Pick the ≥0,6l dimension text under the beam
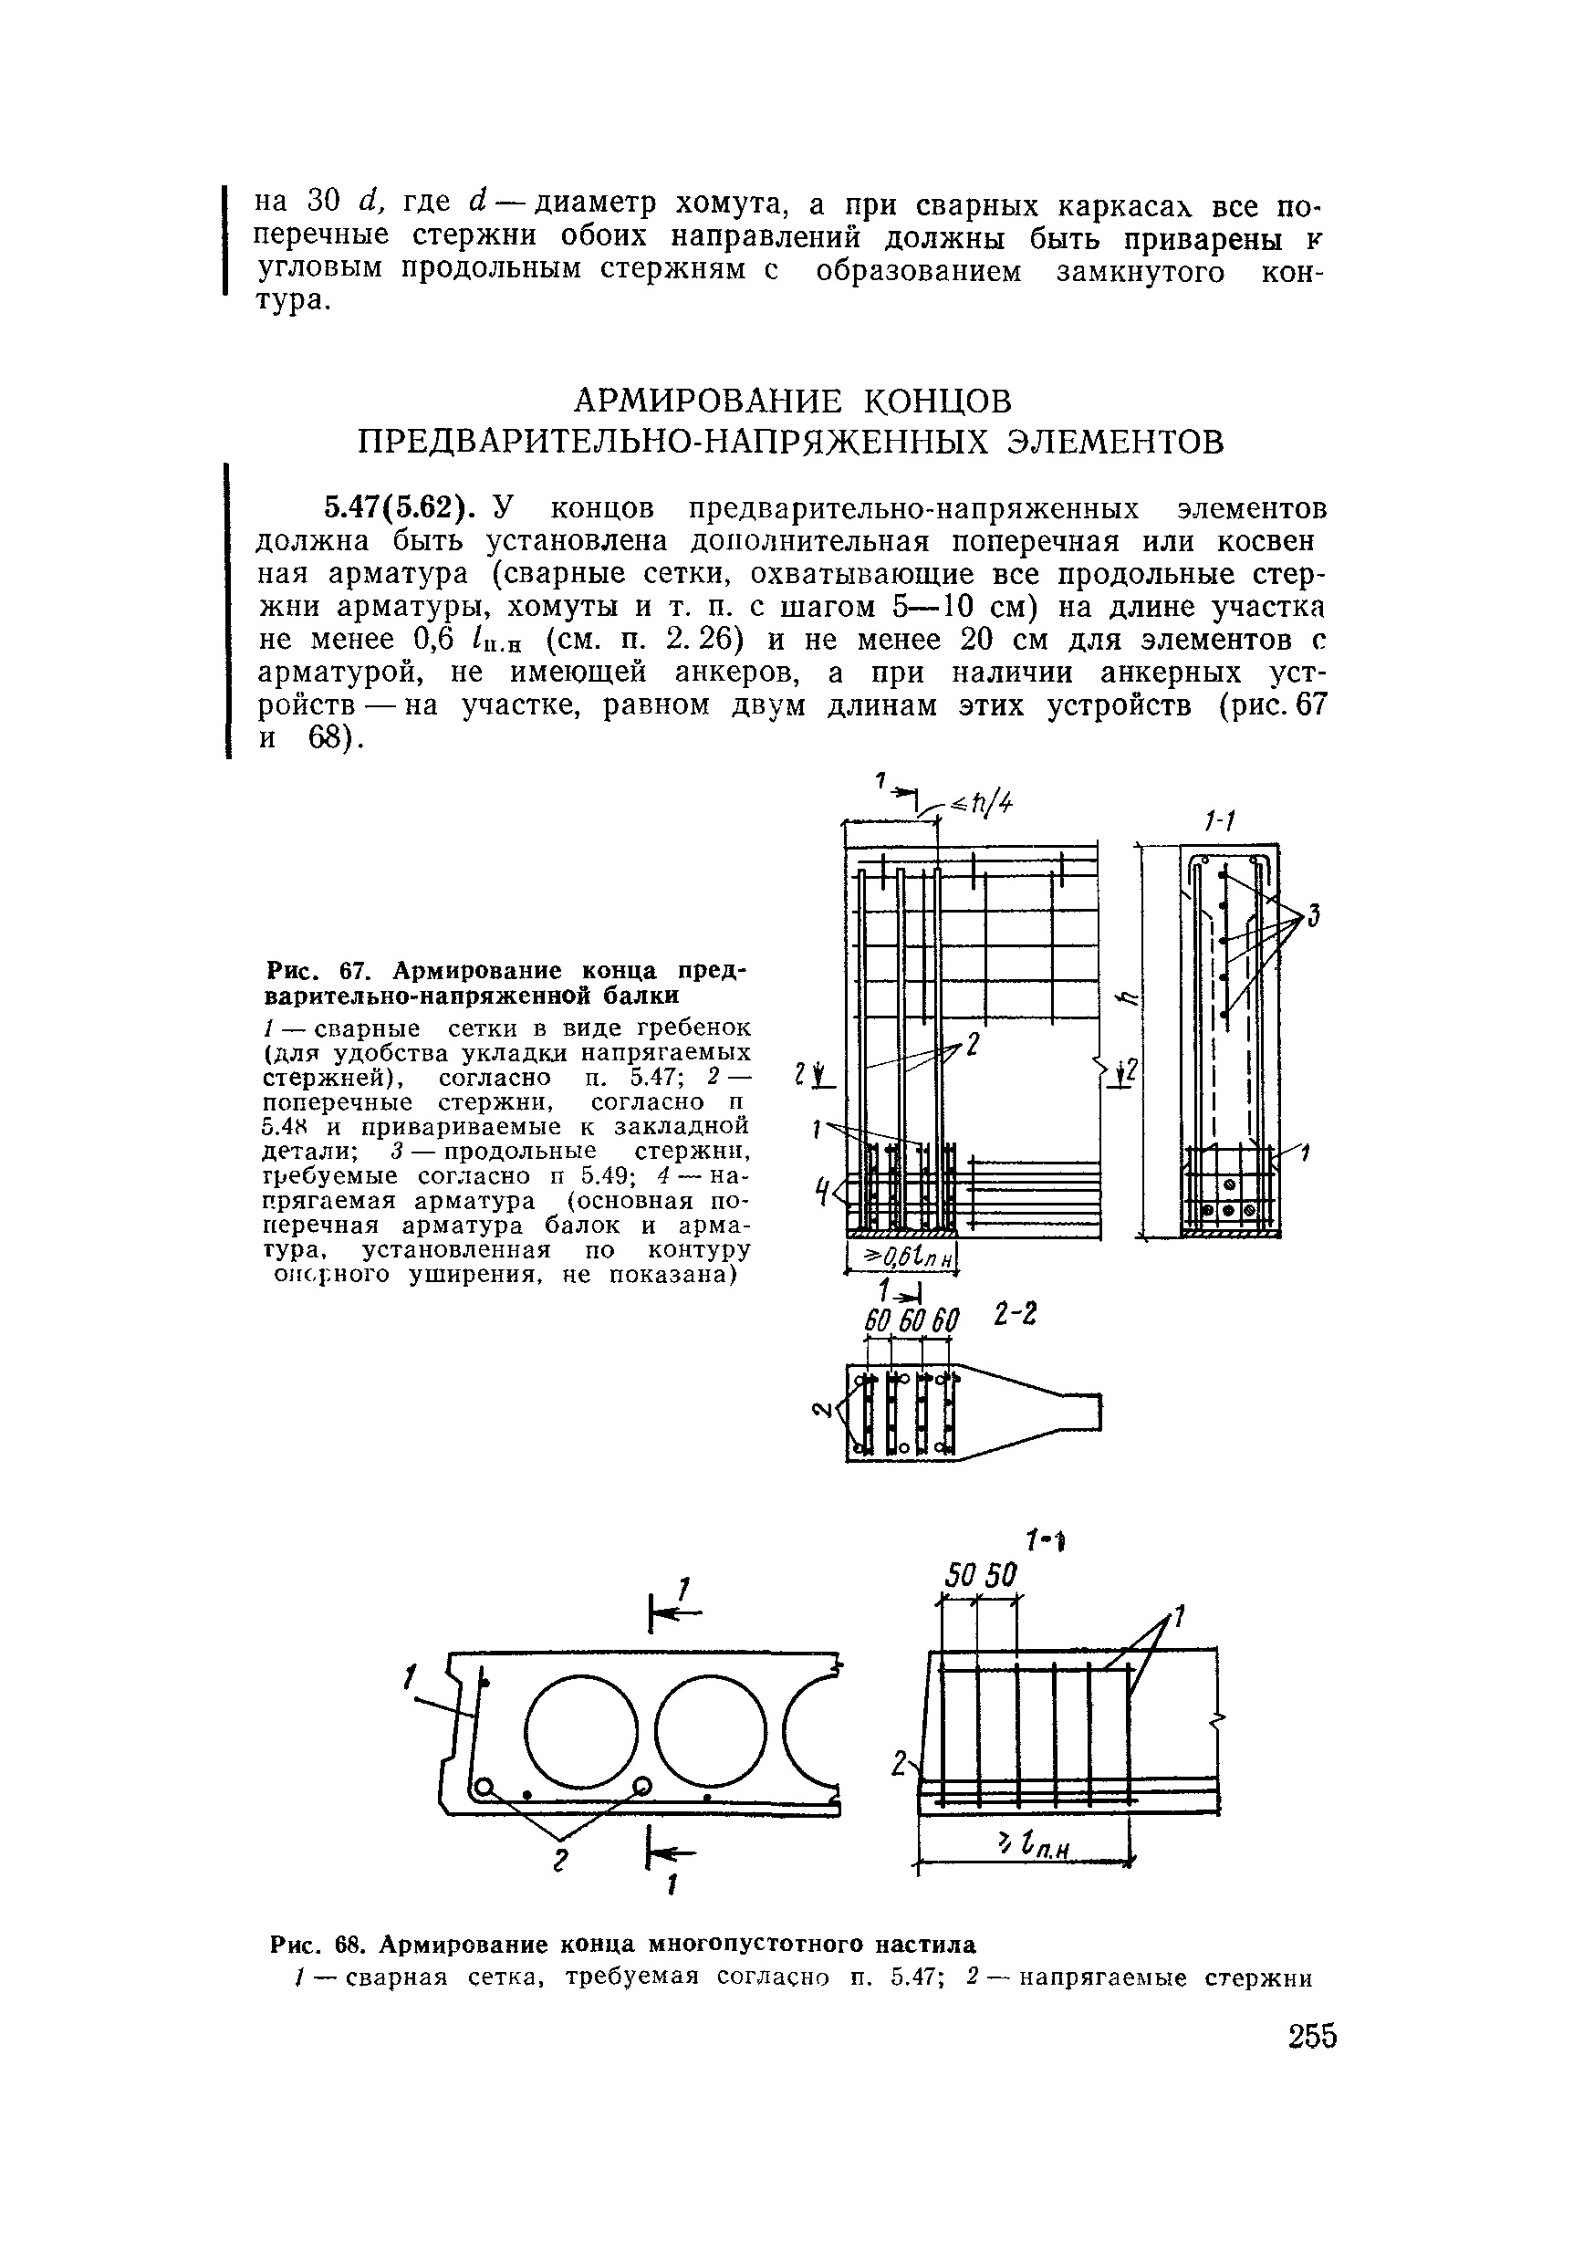tap(903, 1257)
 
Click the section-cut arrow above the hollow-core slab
tap(676, 1614)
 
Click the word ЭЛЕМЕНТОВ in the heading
tap(1116, 442)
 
